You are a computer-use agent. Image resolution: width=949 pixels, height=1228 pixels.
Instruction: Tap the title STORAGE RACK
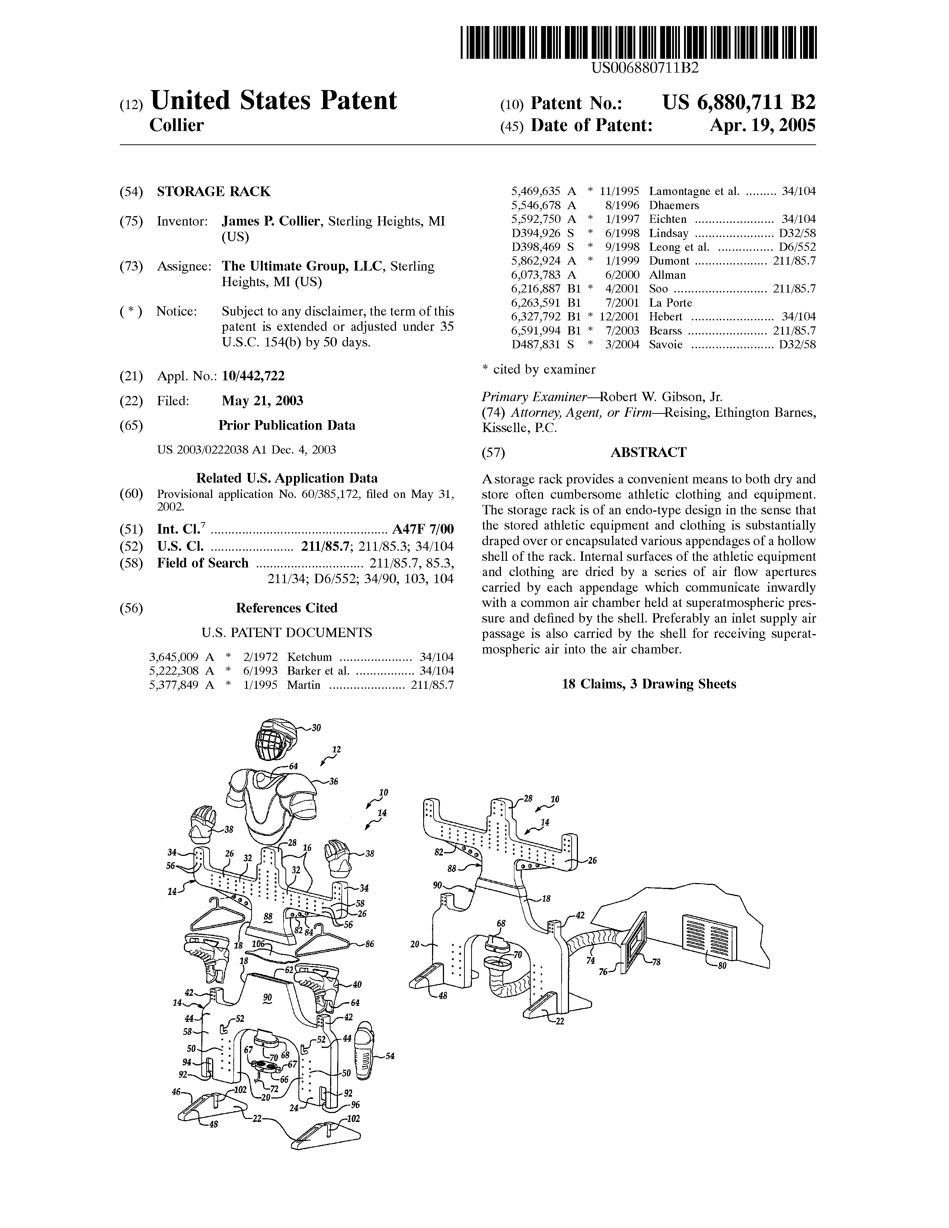pyautogui.click(x=214, y=192)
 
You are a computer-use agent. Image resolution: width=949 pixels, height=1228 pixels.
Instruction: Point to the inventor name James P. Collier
pyautogui.click(x=271, y=221)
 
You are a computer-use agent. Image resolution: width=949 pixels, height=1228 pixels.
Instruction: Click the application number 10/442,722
pyautogui.click(x=253, y=375)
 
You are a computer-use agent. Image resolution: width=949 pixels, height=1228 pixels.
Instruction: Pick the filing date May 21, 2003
pyautogui.click(x=262, y=400)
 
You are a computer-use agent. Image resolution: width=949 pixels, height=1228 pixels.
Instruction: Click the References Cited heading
pyautogui.click(x=287, y=608)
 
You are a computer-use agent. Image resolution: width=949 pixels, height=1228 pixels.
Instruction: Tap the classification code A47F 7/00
pyautogui.click(x=423, y=530)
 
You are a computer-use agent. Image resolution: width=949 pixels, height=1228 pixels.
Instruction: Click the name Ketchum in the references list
pyautogui.click(x=309, y=657)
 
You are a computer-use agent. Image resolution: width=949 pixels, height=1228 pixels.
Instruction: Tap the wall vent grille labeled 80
pyautogui.click(x=710, y=937)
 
